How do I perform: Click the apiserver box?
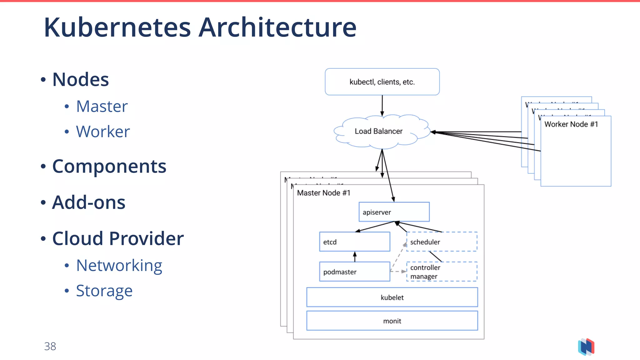pyautogui.click(x=394, y=212)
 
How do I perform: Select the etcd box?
pyautogui.click(x=354, y=242)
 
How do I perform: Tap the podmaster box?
pyautogui.click(x=354, y=272)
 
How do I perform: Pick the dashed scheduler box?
pyautogui.click(x=442, y=242)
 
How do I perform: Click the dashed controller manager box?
pyautogui.click(x=442, y=272)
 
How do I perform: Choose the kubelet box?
pyautogui.click(x=392, y=297)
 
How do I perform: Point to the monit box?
pyautogui.click(x=392, y=321)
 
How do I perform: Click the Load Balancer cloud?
pyautogui.click(x=379, y=131)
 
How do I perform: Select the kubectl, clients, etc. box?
pyautogui.click(x=382, y=82)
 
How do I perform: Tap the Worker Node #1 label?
pyautogui.click(x=571, y=124)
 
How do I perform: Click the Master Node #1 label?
pyautogui.click(x=323, y=193)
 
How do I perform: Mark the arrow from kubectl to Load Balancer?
pyautogui.click(x=382, y=105)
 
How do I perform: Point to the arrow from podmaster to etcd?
pyautogui.click(x=355, y=257)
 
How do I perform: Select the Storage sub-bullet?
pyautogui.click(x=104, y=291)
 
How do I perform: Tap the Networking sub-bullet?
pyautogui.click(x=119, y=265)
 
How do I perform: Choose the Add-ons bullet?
pyautogui.click(x=88, y=202)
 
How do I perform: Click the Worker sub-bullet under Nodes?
pyautogui.click(x=103, y=132)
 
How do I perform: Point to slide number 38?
pyautogui.click(x=50, y=346)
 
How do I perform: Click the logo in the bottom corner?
pyautogui.click(x=586, y=347)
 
